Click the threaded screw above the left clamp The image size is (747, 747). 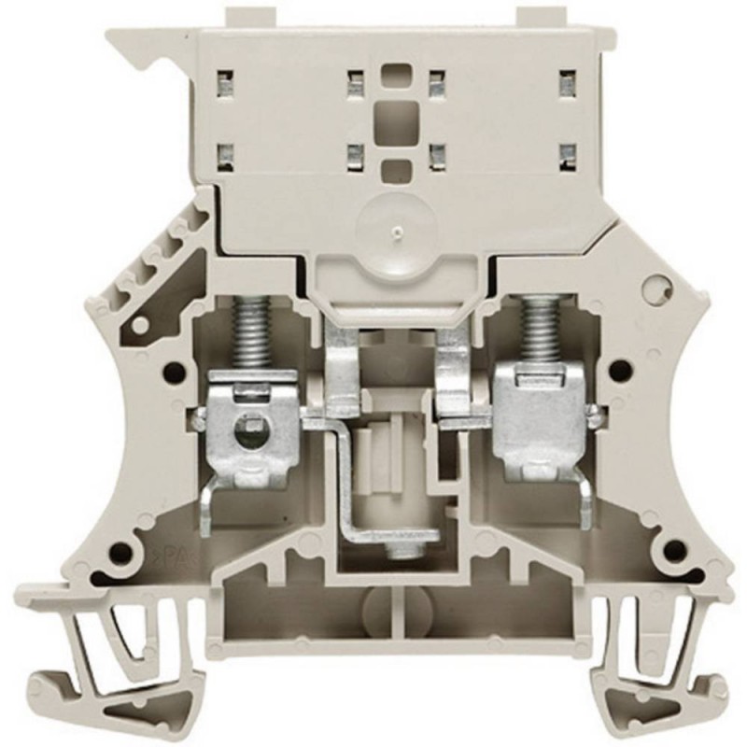pos(251,336)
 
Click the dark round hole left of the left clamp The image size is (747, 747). pos(172,372)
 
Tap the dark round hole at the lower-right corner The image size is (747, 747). pos(669,550)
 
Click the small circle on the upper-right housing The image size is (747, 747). pos(662,286)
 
